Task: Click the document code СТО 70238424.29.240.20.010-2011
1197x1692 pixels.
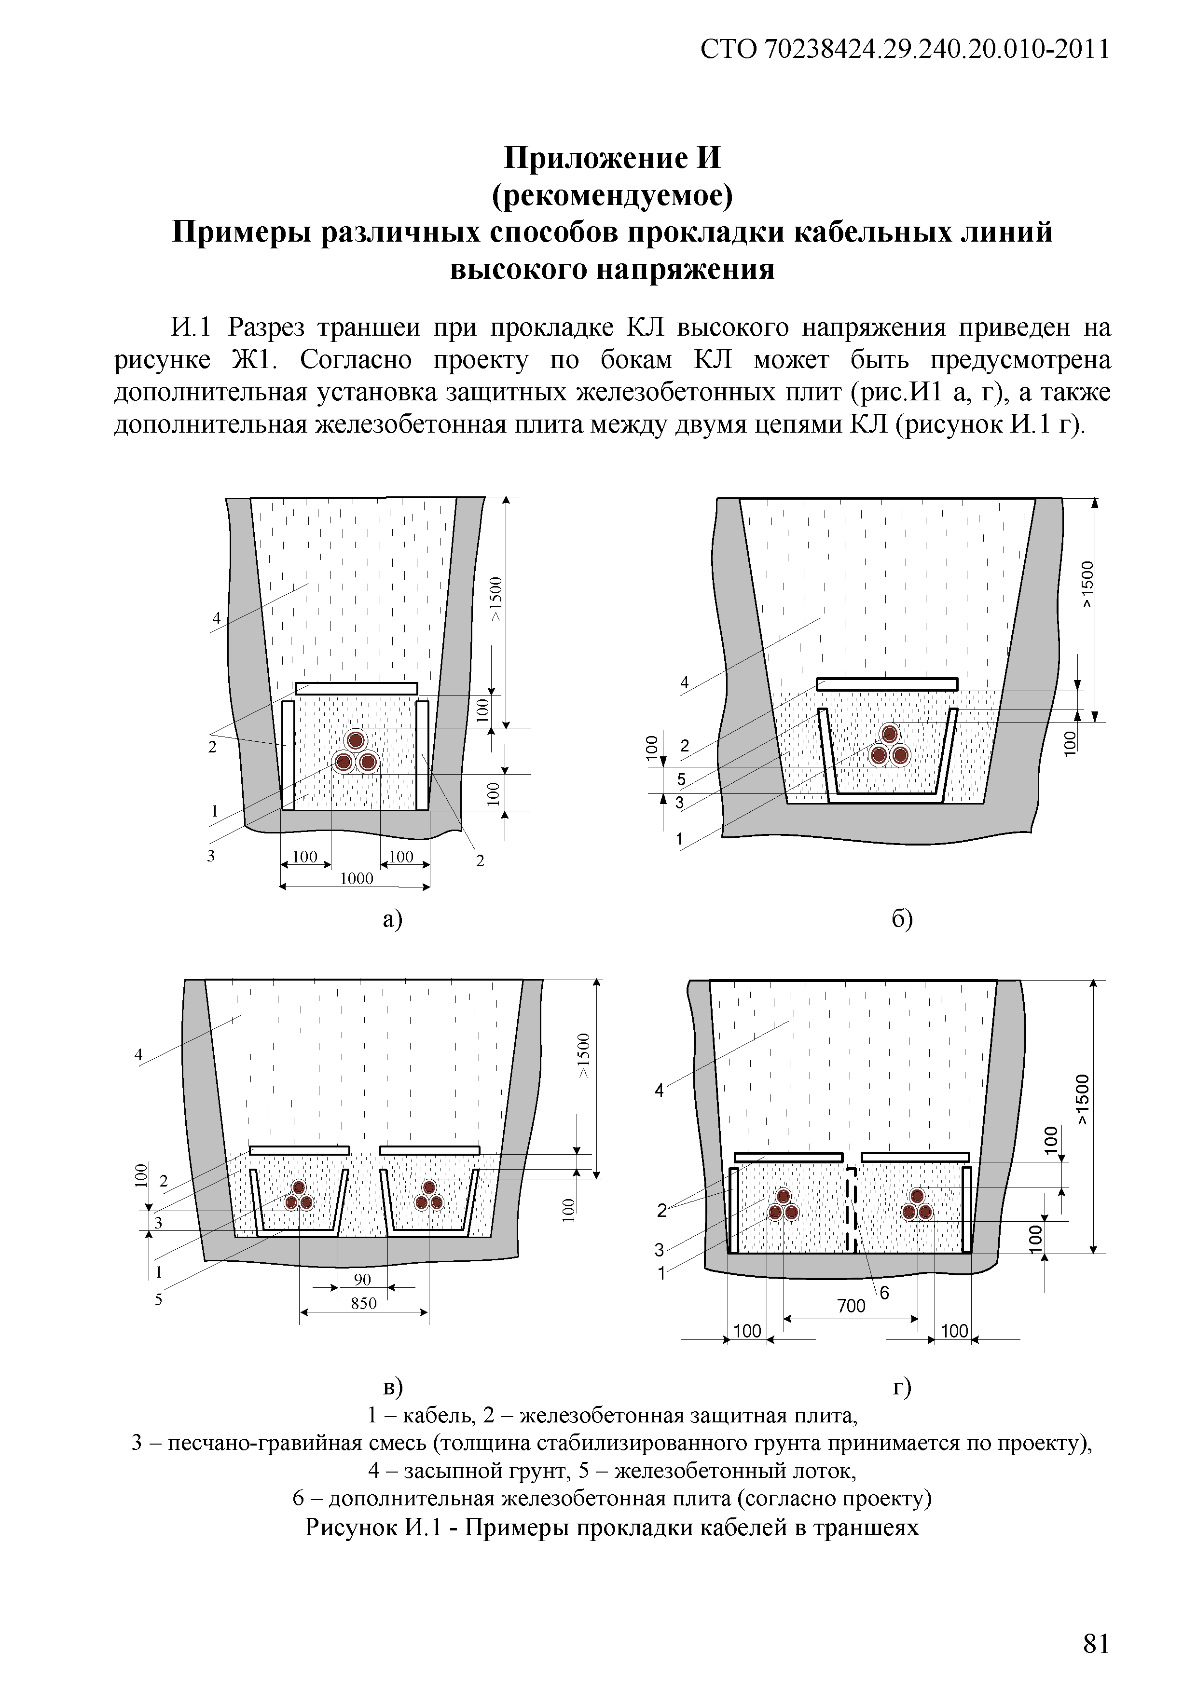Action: coord(904,49)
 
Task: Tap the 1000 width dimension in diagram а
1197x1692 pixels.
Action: coord(356,878)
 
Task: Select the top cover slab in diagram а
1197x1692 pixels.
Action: coord(357,688)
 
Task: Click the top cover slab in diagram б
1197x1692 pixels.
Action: coord(887,684)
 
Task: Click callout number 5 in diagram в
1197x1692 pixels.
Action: coord(158,1299)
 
